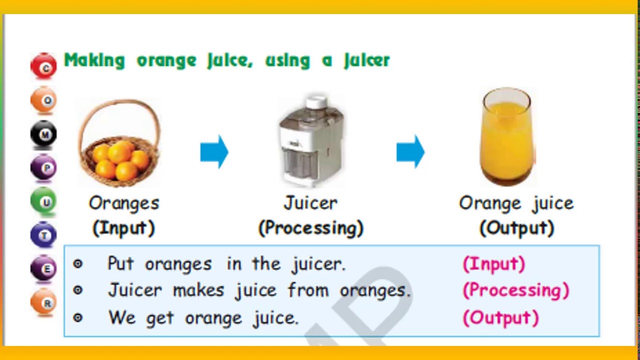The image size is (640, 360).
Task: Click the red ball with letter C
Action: tap(44, 66)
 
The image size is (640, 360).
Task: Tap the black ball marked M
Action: tap(44, 134)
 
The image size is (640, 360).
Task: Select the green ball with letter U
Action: tap(44, 201)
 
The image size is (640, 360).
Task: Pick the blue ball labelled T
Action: tap(44, 234)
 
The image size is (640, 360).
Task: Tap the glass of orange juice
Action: tap(506, 137)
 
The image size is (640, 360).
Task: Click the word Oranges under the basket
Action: tap(124, 203)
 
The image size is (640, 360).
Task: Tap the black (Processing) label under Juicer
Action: tap(310, 228)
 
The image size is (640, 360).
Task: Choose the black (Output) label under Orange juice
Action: tap(516, 228)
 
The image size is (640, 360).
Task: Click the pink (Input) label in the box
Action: tap(494, 264)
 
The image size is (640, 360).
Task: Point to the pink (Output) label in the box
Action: tap(500, 318)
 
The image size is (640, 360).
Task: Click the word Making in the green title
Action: tap(94, 60)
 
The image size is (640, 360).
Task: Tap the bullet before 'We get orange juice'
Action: tap(77, 317)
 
